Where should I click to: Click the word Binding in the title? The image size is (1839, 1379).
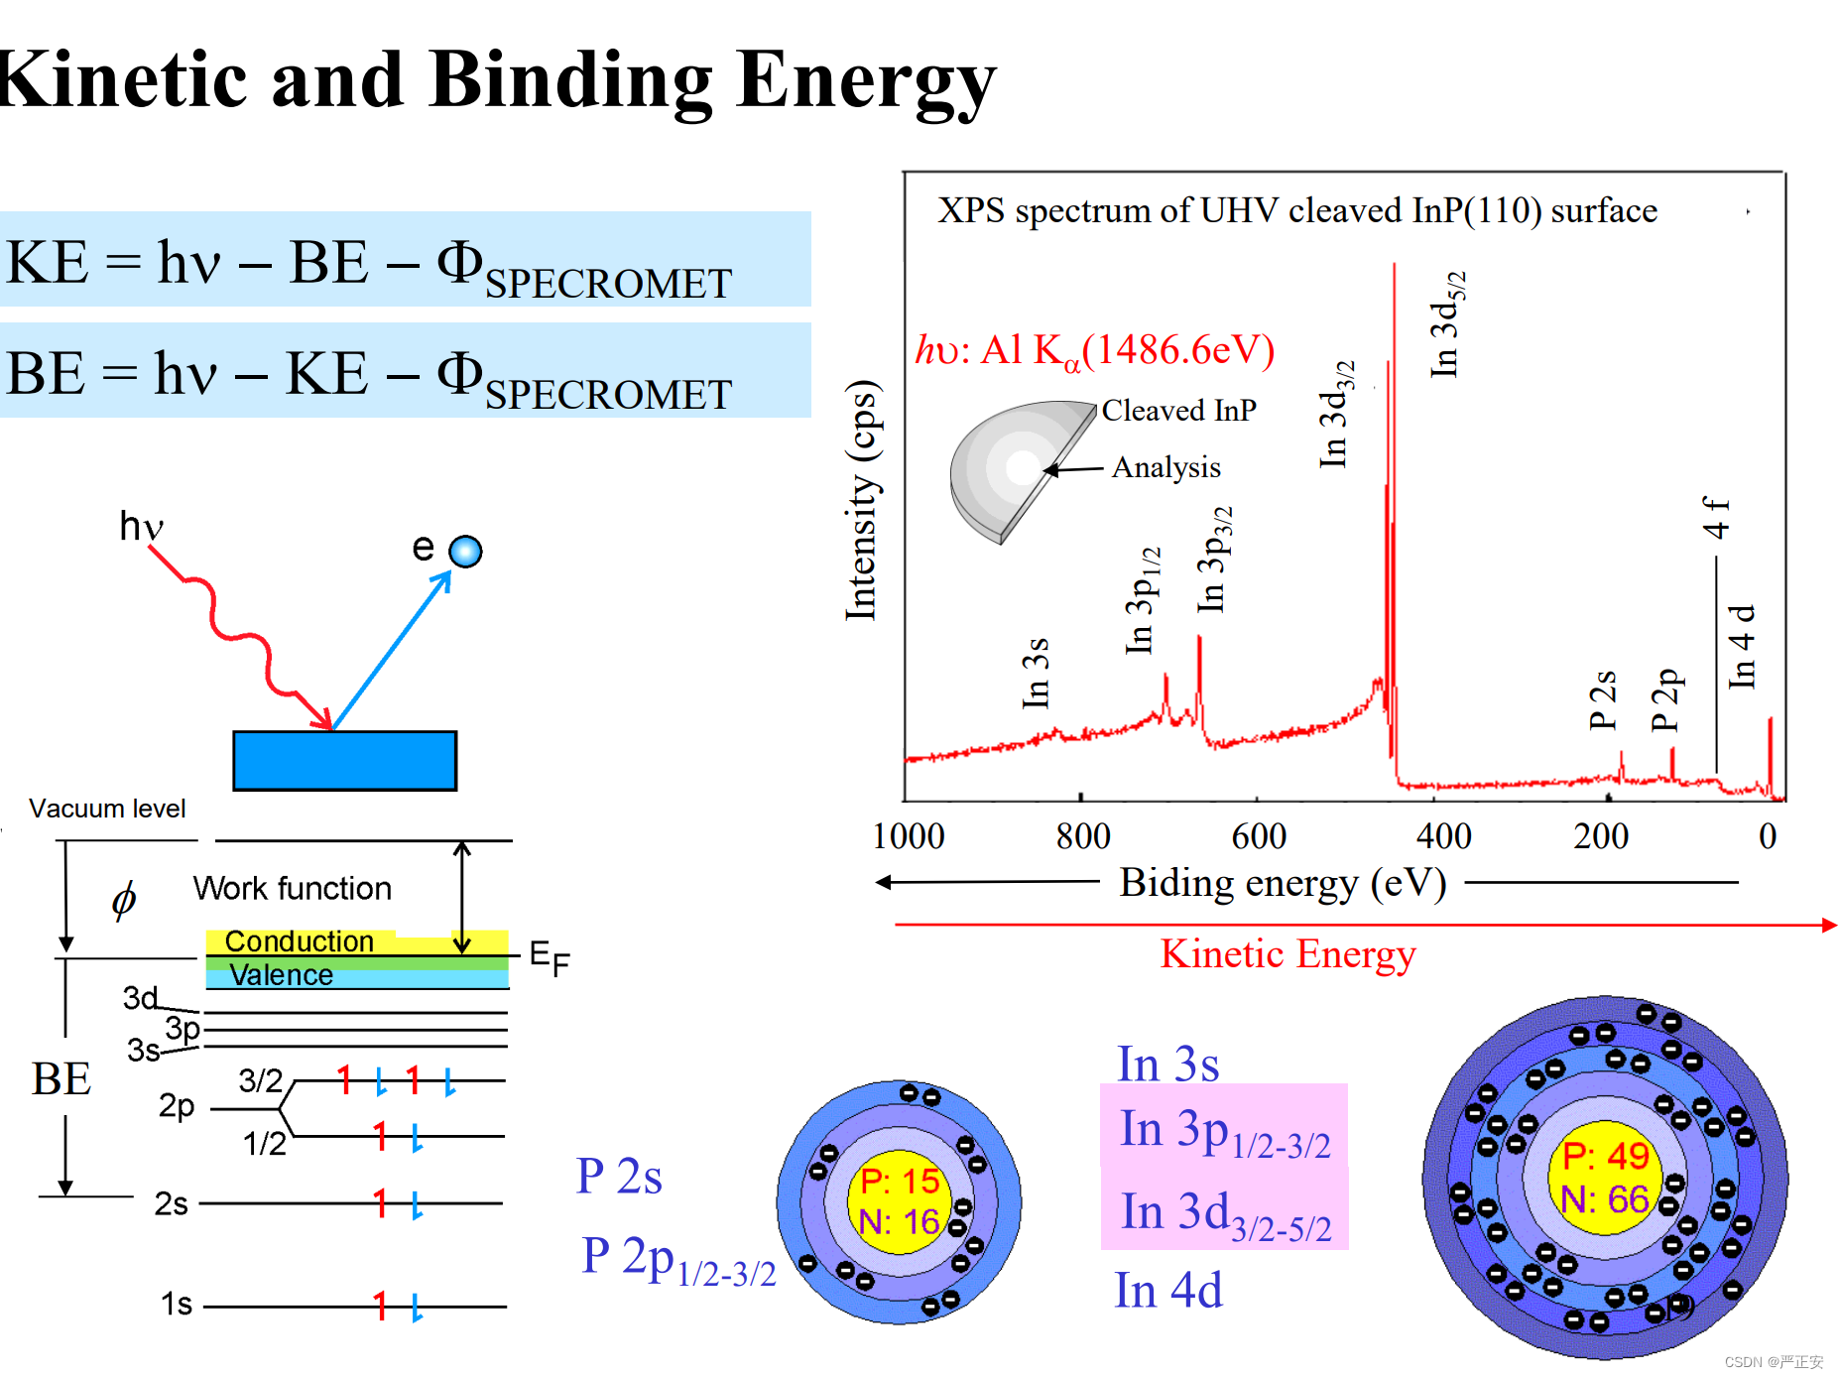[x=570, y=81]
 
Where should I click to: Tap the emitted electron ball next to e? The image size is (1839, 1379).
[x=465, y=552]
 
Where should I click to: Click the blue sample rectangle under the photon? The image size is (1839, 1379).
[x=344, y=761]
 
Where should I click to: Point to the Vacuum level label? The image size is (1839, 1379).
[x=107, y=809]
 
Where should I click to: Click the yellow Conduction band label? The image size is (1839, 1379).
[x=299, y=940]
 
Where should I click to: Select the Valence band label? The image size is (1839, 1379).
[x=281, y=974]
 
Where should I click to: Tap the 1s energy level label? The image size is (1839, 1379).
[x=177, y=1304]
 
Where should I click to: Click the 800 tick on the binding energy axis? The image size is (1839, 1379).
[x=1082, y=836]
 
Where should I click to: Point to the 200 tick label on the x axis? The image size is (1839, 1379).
[x=1600, y=836]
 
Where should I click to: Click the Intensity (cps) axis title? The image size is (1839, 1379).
[x=861, y=501]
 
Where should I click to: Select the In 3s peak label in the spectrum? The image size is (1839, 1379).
[x=1035, y=673]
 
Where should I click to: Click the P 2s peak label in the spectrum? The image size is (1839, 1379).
[x=1602, y=699]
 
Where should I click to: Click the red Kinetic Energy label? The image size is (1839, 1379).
[x=1287, y=953]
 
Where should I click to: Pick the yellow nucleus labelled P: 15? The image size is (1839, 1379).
[x=899, y=1201]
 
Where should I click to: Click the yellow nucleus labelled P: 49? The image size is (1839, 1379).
[x=1604, y=1178]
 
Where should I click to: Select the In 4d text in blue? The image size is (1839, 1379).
[x=1167, y=1291]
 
